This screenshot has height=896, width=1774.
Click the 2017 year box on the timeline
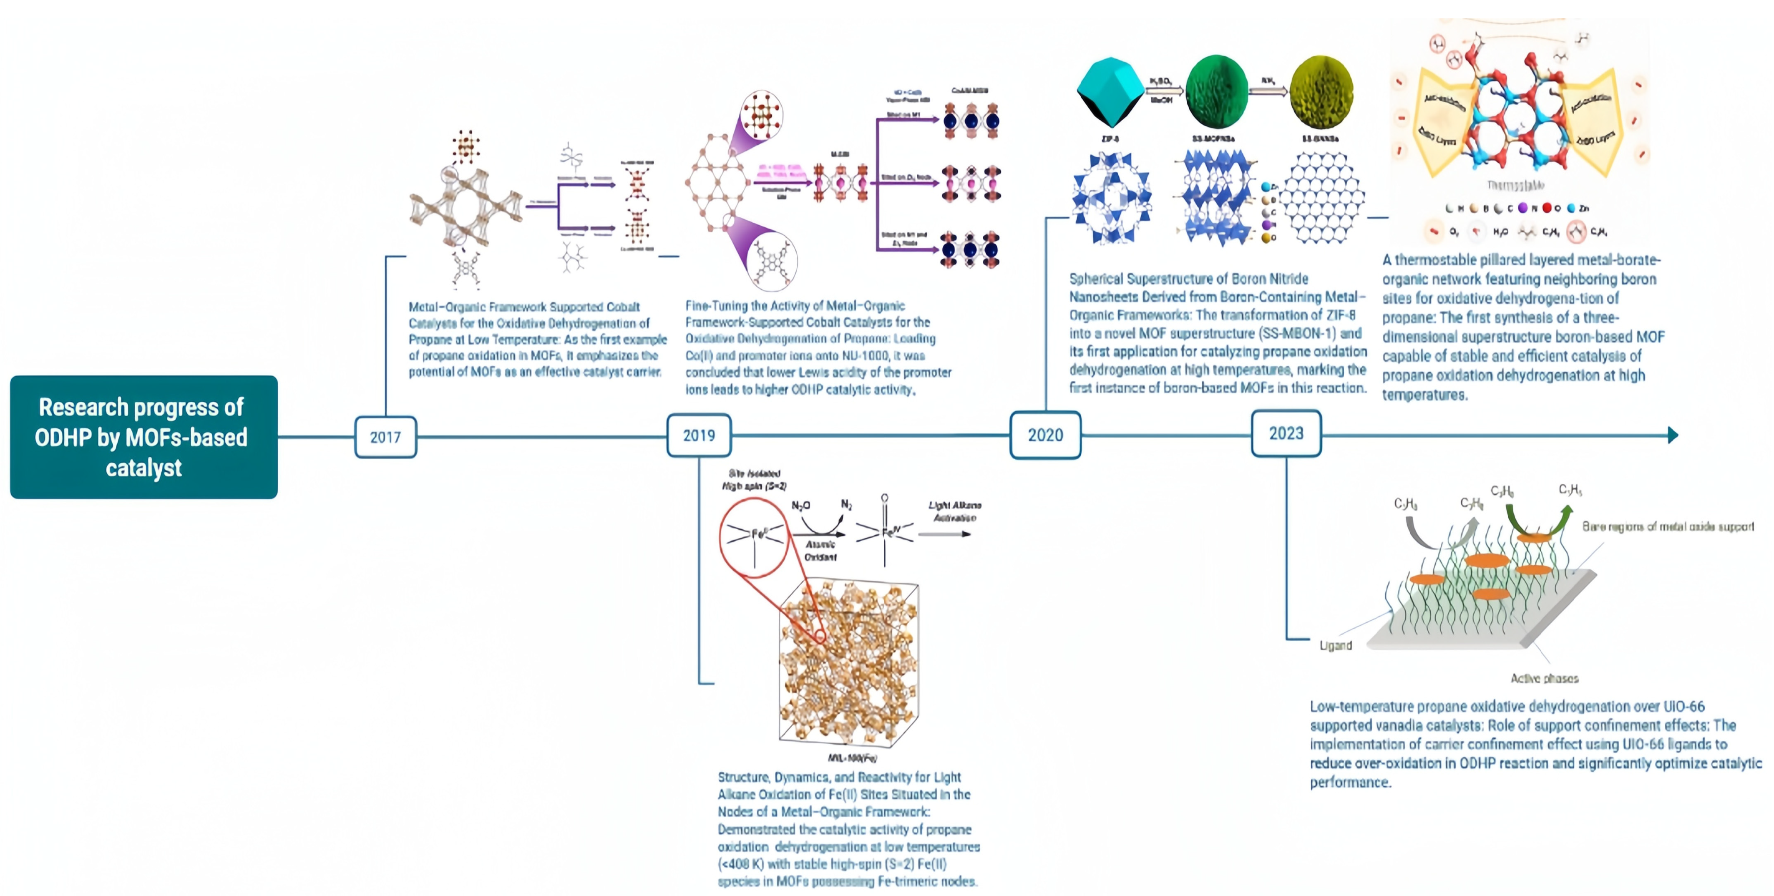385,437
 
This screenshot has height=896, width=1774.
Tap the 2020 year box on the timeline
1045,435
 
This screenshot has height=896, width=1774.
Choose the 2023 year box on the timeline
1286,433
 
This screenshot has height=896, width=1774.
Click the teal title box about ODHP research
144,437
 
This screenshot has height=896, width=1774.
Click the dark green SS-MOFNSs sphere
1216,92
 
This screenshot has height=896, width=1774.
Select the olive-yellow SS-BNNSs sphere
1321,92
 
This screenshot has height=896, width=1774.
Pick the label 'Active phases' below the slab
1544,678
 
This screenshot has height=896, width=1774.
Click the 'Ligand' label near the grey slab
1335,645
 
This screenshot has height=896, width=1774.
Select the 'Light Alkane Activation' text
954,511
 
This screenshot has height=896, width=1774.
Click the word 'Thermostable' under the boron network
1515,185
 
